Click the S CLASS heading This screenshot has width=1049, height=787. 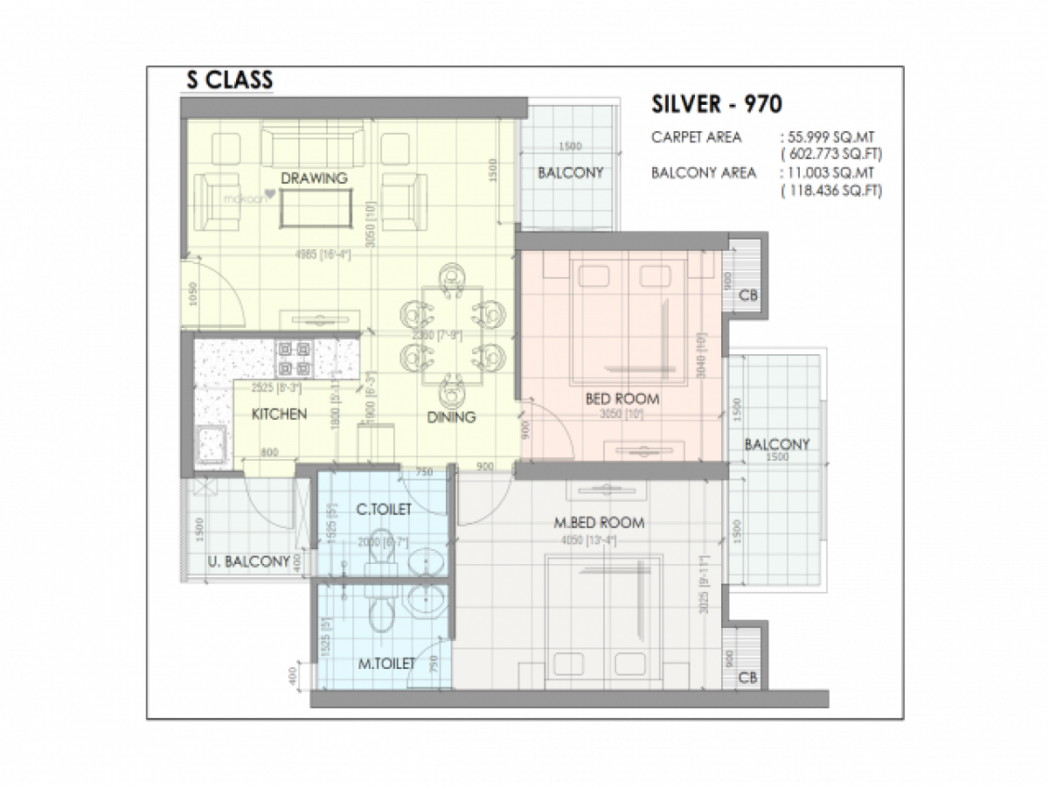coord(230,80)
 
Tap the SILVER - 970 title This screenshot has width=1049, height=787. coord(717,104)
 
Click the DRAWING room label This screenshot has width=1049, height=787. coord(314,178)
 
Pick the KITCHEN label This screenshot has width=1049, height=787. coord(279,414)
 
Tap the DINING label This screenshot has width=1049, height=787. coord(451,417)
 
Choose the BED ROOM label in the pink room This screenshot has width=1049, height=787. coord(622,400)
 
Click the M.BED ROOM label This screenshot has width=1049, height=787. coord(600,523)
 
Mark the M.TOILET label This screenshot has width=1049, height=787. coord(386,665)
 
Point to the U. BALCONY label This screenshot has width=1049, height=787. coord(249,561)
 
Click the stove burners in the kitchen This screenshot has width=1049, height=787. coord(293,356)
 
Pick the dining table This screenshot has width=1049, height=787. coord(451,335)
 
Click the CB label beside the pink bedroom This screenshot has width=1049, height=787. coord(747,296)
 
